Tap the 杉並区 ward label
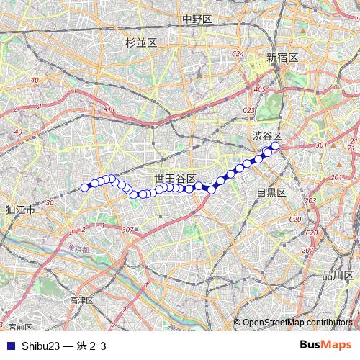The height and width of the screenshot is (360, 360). [140, 43]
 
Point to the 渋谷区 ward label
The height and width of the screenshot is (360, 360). [267, 135]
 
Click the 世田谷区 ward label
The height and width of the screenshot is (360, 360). [175, 178]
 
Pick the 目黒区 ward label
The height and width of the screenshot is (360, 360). [272, 192]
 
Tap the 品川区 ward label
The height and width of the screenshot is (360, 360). [337, 275]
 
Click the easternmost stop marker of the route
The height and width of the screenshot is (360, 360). [275, 145]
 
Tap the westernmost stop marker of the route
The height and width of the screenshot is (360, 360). [85, 187]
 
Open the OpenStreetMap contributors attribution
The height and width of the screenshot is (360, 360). [297, 323]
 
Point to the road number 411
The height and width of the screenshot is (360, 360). [109, 109]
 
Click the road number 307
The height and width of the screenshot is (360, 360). [128, 229]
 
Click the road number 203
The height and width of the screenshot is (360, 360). [310, 200]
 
